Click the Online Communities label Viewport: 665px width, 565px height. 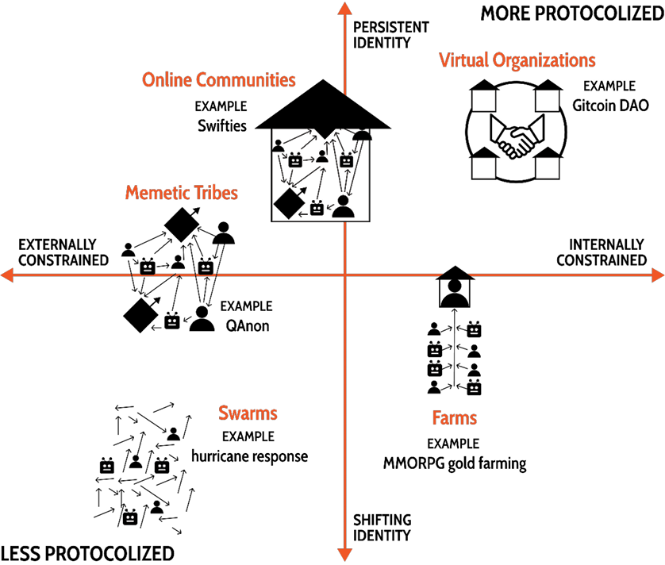point(218,80)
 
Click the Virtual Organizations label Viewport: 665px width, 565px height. point(517,60)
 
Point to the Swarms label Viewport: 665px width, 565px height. point(248,413)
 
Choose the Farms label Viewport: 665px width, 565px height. point(455,417)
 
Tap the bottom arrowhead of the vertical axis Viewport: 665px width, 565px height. point(344,555)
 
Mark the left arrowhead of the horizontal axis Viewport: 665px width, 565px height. point(6,275)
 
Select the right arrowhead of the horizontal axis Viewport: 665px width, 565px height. point(658,275)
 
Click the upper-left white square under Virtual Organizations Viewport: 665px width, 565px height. point(483,101)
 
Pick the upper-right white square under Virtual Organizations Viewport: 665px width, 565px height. point(547,101)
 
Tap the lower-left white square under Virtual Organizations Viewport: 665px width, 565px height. point(483,168)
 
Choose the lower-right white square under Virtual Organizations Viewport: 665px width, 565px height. point(547,168)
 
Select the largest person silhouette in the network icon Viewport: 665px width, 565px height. point(343,206)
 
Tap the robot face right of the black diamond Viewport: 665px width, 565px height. point(317,209)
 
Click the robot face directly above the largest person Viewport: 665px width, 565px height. point(346,161)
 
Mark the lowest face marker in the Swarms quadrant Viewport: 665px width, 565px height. point(130,519)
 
